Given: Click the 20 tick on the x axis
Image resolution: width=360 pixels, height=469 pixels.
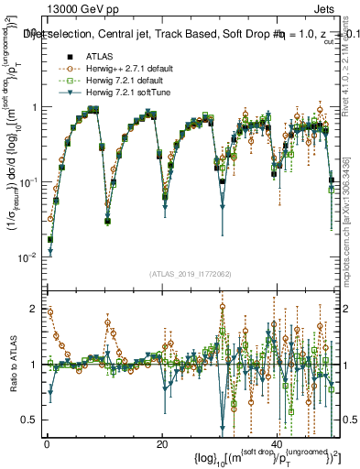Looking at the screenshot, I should [x=161, y=443].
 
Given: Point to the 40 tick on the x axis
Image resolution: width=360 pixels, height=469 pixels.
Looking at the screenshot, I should [x=277, y=443].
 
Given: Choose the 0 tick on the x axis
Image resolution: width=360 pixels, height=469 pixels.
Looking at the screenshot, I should [x=47, y=443].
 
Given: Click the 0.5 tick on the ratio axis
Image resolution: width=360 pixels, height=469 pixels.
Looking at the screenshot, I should [x=32, y=420].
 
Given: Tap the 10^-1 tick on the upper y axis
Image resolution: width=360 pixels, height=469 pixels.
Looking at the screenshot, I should [x=27, y=182].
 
